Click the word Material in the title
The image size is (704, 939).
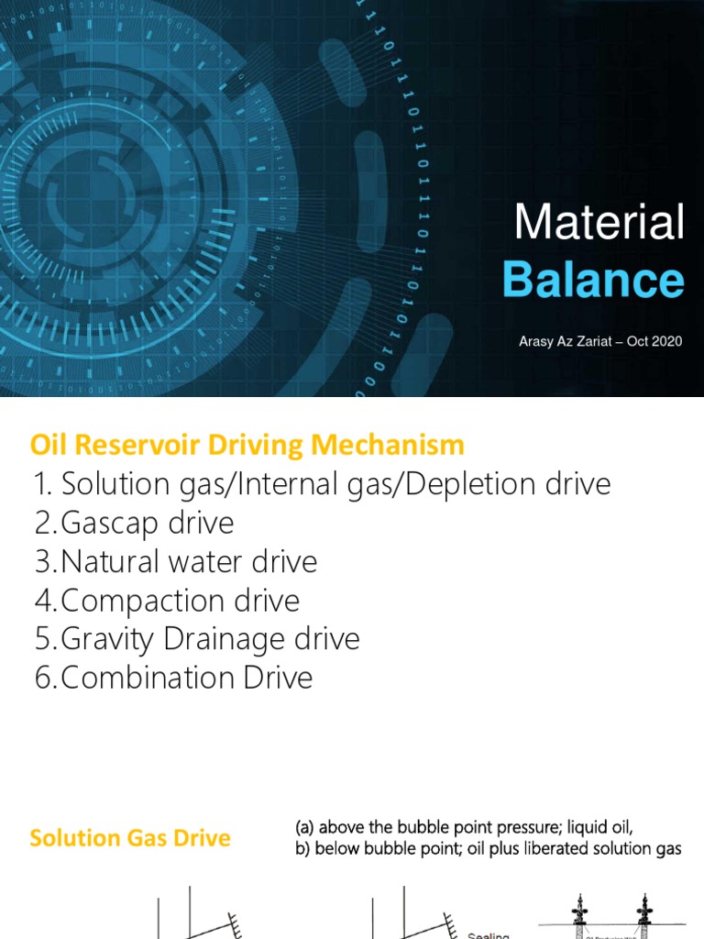click(599, 223)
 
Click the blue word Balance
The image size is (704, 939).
click(593, 280)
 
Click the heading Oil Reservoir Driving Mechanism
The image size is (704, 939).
click(247, 446)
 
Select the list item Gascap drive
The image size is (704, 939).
click(134, 524)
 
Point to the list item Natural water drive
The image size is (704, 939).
click(176, 562)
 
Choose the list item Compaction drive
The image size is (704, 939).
click(167, 601)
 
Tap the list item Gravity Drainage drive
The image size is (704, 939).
click(197, 639)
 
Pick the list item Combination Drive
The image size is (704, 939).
click(173, 678)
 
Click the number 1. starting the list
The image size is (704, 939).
click(44, 484)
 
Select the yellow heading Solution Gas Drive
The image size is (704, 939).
click(130, 838)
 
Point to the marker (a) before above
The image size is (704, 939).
click(306, 829)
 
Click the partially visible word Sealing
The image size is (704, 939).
click(488, 935)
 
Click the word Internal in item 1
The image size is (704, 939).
click(289, 484)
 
